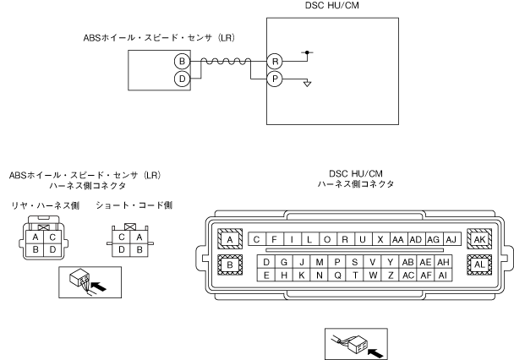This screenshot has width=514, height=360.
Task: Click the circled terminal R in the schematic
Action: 273,61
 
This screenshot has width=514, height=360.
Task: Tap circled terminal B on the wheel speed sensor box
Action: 180,61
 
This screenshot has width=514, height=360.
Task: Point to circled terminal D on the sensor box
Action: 180,78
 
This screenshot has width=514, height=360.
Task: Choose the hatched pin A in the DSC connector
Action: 228,239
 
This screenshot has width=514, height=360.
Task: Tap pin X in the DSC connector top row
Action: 381,239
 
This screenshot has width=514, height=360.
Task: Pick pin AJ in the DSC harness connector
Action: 450,239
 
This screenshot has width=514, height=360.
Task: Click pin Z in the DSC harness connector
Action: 391,275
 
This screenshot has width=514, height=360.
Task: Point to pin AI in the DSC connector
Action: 442,275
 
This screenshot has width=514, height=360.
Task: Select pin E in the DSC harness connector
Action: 266,275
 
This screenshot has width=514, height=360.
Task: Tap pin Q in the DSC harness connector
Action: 337,275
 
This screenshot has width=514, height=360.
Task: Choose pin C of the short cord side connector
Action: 123,237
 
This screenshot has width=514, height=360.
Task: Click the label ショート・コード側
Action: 134,205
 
